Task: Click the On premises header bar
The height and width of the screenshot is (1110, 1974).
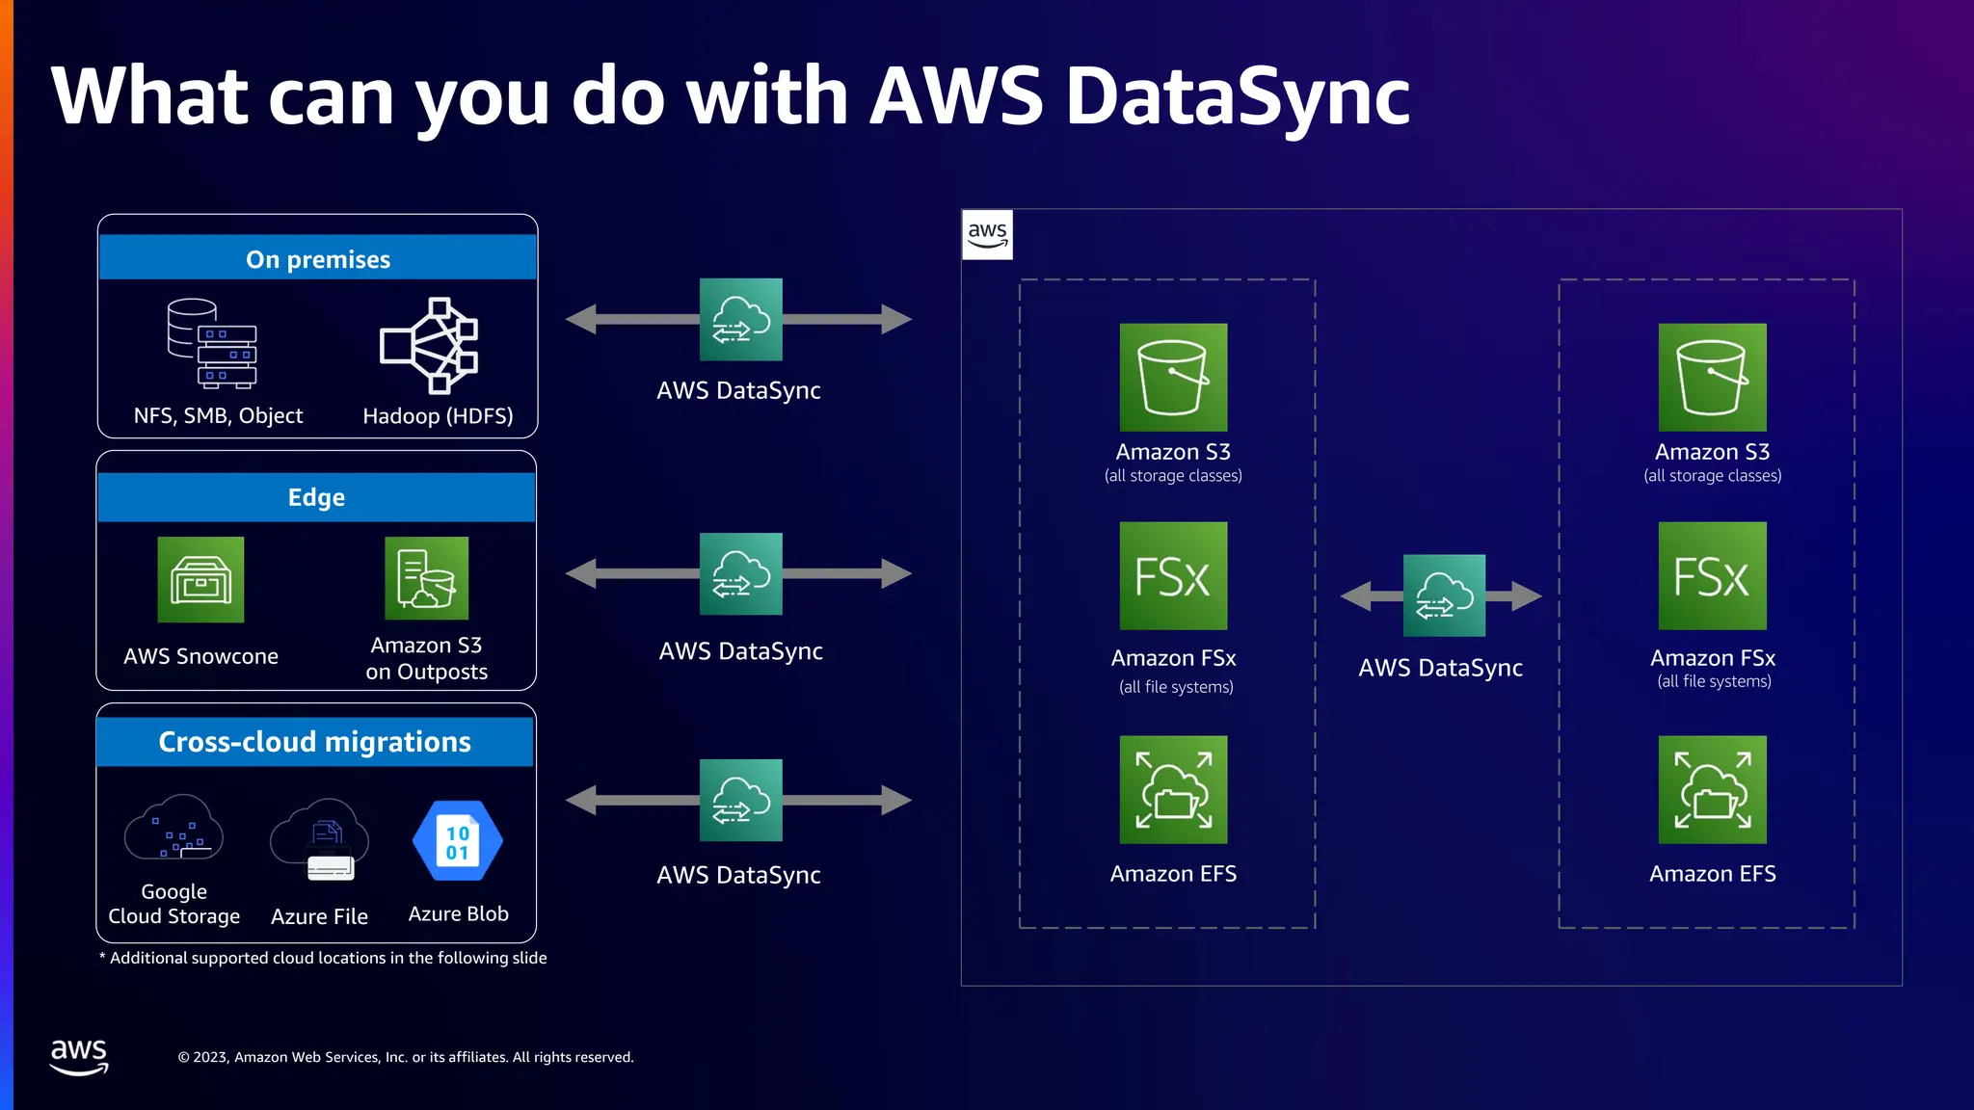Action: [x=318, y=258]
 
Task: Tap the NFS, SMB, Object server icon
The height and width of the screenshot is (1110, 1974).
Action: [x=213, y=344]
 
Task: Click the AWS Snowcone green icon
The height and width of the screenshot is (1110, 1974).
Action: [x=200, y=579]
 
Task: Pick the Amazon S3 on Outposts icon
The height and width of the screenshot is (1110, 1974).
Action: [x=426, y=578]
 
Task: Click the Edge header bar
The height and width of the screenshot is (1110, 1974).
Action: [x=316, y=497]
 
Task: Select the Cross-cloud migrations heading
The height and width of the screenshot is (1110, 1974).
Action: [x=314, y=741]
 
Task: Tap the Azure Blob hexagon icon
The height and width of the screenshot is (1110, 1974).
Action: [x=458, y=841]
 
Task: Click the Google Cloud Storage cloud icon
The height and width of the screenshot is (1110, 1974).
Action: [x=173, y=829]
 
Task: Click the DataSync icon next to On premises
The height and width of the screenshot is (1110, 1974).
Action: [x=740, y=319]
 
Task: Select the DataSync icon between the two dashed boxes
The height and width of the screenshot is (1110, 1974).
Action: [x=1443, y=595]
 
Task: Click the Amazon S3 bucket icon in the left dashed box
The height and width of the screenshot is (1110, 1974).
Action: [x=1173, y=377]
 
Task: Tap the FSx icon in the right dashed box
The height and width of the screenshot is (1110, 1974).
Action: [x=1712, y=576]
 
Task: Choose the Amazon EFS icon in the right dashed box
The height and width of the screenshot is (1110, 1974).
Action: [x=1712, y=789]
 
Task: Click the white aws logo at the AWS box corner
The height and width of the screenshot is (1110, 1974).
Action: [x=987, y=234]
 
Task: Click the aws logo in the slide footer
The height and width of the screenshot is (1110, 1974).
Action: [x=79, y=1056]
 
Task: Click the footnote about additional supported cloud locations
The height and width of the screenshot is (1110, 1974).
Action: [x=324, y=958]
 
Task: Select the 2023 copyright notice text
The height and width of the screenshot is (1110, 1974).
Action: [x=406, y=1057]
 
